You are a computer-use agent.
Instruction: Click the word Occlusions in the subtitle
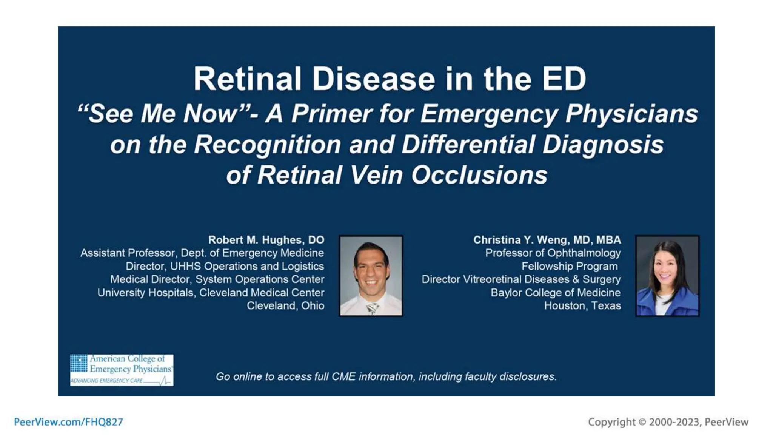pos(479,175)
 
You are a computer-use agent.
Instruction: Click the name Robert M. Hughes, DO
pos(266,240)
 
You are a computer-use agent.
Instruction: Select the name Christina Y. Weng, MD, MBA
pos(547,240)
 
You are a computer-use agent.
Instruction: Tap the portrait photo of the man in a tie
pos(371,276)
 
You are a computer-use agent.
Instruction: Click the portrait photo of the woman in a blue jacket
pos(667,276)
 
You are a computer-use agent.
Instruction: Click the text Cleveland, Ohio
pos(285,305)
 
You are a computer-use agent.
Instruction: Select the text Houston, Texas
pos(582,305)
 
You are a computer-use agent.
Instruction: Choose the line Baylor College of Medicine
pos(556,293)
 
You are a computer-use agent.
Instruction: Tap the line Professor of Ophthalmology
pos(553,253)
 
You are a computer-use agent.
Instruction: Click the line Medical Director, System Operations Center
pos(217,279)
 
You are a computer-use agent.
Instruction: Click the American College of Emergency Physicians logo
pos(122,370)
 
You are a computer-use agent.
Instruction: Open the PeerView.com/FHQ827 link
pos(68,422)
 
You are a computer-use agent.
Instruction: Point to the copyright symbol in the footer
pos(642,422)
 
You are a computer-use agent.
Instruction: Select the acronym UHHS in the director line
pos(185,266)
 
